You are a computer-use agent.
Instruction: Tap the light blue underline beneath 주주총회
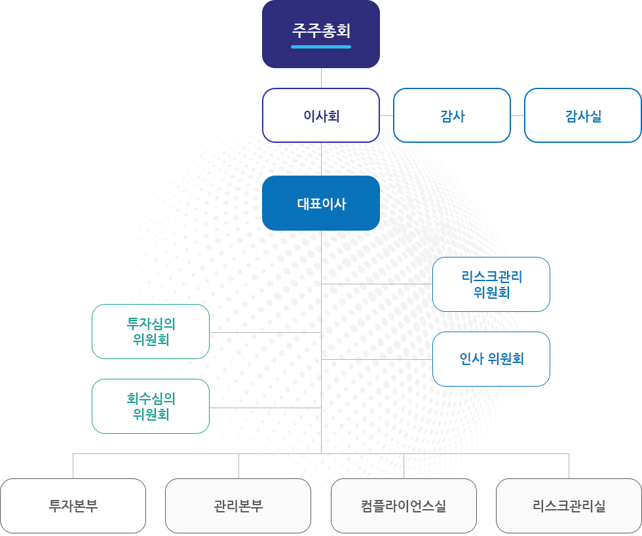[321, 47]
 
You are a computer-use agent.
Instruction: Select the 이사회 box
[321, 116]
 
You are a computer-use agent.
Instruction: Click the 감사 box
[452, 116]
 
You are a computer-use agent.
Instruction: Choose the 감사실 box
[583, 116]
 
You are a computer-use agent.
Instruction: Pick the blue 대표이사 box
[321, 203]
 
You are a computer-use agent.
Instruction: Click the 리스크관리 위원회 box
[491, 284]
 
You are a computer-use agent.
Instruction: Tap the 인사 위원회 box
[491, 359]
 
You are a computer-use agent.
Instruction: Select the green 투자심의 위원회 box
[151, 332]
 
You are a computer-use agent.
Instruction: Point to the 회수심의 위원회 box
[151, 406]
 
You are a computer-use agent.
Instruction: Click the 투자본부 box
[73, 506]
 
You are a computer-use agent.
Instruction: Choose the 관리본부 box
[238, 506]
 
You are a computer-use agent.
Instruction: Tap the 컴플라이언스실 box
[404, 506]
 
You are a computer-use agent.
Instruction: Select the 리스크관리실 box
[569, 506]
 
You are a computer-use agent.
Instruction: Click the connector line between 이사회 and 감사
[387, 115]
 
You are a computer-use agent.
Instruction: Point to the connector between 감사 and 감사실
[518, 115]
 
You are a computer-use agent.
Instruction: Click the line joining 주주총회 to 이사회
[321, 78]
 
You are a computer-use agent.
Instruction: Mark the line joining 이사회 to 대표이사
[321, 159]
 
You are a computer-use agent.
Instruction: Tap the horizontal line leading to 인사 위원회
[377, 359]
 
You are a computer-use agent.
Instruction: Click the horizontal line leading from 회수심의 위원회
[265, 408]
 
